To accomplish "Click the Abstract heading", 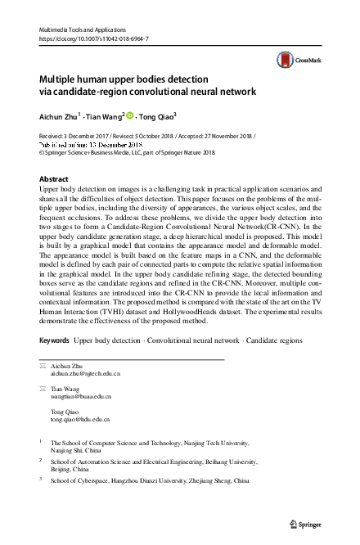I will [x=55, y=178].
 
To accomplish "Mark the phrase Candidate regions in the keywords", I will [x=276, y=339].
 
